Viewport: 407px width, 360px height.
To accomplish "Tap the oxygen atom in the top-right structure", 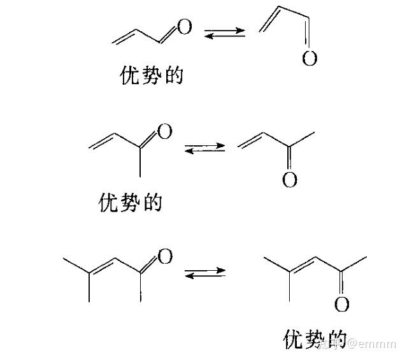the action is click(x=310, y=59).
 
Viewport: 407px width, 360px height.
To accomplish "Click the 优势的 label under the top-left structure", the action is click(x=152, y=76).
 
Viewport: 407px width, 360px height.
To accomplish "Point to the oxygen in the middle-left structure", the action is click(x=164, y=132).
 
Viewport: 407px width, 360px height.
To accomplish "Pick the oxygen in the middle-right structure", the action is click(x=290, y=180).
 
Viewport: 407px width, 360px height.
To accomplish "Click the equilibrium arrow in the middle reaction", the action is click(x=204, y=147).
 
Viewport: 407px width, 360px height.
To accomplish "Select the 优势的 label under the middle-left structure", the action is click(x=132, y=203).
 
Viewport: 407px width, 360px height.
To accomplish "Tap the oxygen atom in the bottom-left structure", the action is click(x=164, y=257).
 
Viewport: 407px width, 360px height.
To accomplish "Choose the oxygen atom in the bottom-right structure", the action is click(x=342, y=305).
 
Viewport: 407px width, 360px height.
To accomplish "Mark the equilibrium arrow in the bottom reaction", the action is click(x=204, y=273).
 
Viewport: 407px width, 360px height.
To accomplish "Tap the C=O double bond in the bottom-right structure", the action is click(x=342, y=284).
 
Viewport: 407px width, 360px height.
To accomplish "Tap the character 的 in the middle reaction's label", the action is click(x=153, y=203).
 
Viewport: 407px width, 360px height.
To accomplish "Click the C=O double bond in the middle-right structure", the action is click(x=290, y=160).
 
